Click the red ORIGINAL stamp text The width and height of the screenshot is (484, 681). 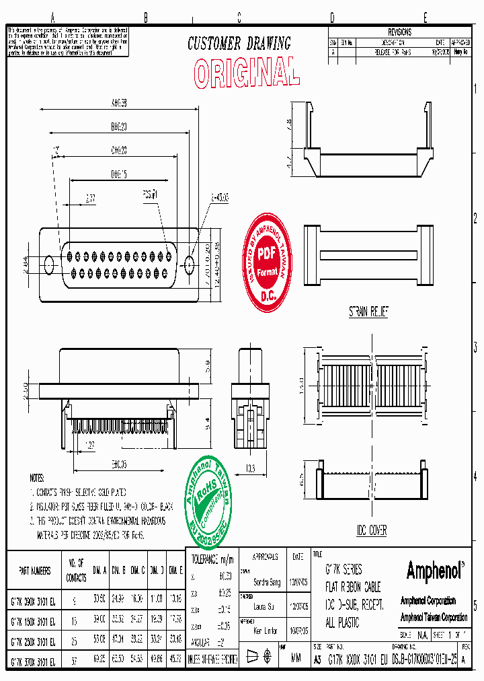coord(246,71)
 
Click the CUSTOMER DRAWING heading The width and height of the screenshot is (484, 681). coord(239,44)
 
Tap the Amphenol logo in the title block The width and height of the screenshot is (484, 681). coord(436,571)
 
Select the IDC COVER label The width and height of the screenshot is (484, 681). coord(372,531)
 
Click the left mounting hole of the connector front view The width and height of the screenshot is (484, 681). coord(49,263)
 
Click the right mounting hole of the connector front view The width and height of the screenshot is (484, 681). coord(189,263)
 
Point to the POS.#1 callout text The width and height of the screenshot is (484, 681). coord(149,194)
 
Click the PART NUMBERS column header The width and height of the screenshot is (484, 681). coord(35,570)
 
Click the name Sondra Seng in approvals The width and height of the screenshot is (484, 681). coord(266,582)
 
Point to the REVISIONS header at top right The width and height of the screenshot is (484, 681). coord(399,32)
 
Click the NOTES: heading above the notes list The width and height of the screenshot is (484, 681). coord(37,478)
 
